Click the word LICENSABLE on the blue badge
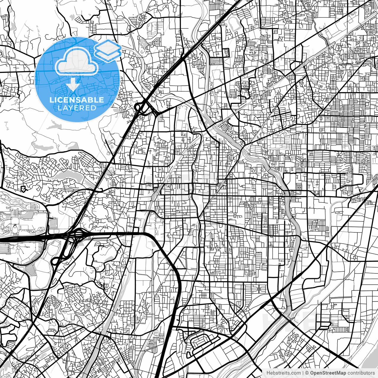click(x=77, y=100)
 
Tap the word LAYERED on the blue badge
click(x=77, y=108)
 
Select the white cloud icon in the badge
click(x=77, y=61)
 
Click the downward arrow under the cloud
click(x=73, y=85)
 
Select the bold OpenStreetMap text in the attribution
click(x=328, y=373)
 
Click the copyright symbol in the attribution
click(x=307, y=373)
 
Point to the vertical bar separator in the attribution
click(x=303, y=373)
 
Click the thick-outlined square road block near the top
click(x=226, y=53)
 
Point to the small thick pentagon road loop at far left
click(x=23, y=189)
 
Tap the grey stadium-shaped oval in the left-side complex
click(x=15, y=229)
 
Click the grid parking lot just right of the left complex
click(x=53, y=223)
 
